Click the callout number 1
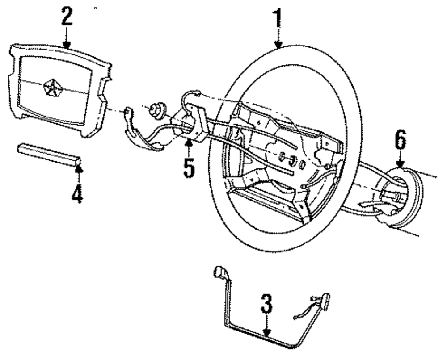pyautogui.click(x=278, y=17)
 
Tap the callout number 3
pyautogui.click(x=266, y=306)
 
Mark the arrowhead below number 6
pyautogui.click(x=400, y=165)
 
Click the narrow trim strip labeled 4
pyautogui.click(x=49, y=155)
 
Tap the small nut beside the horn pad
pyautogui.click(x=157, y=111)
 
